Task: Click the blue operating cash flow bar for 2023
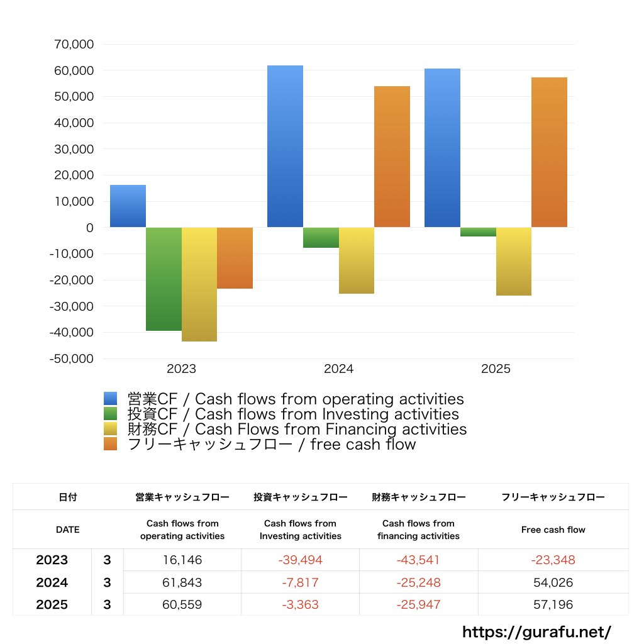pyautogui.click(x=128, y=206)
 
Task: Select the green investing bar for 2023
pyautogui.click(x=164, y=279)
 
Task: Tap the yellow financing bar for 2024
pyautogui.click(x=357, y=260)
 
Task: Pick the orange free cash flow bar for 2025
pyautogui.click(x=549, y=152)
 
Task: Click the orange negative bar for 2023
pyautogui.click(x=235, y=258)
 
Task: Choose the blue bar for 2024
pyautogui.click(x=285, y=146)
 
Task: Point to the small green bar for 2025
pyautogui.click(x=478, y=232)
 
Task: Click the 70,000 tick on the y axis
pyautogui.click(x=74, y=45)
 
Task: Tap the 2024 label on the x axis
pyautogui.click(x=338, y=369)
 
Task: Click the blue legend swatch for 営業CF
pyautogui.click(x=111, y=399)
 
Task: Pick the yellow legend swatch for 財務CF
pyautogui.click(x=111, y=430)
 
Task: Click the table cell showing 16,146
pyautogui.click(x=182, y=560)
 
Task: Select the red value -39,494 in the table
pyautogui.click(x=300, y=560)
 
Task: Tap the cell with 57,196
pyautogui.click(x=553, y=605)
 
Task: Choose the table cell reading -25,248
pyautogui.click(x=418, y=583)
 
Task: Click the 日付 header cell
pyautogui.click(x=67, y=497)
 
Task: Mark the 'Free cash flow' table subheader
pyautogui.click(x=553, y=530)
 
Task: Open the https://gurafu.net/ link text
pyautogui.click(x=536, y=632)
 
